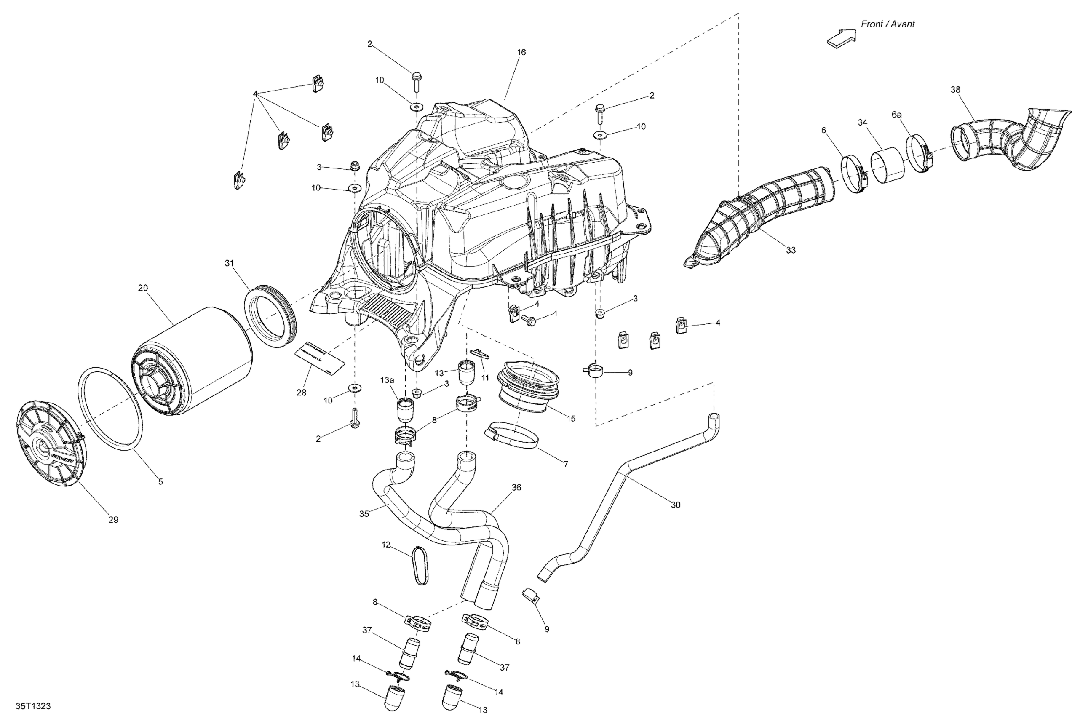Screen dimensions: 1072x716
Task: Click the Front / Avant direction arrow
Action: (x=841, y=37)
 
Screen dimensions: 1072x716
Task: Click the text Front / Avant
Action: (x=887, y=24)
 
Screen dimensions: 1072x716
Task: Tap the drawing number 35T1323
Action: (x=33, y=706)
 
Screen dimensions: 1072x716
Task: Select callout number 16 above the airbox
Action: (x=521, y=52)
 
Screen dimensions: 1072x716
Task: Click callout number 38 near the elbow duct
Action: (x=955, y=89)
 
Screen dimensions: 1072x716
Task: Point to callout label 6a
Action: (x=897, y=115)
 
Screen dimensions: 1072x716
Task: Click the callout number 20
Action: (x=143, y=288)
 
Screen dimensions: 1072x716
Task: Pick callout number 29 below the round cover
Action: (x=113, y=519)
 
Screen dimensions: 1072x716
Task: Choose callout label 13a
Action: (x=387, y=380)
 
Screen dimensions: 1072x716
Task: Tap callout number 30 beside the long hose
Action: (x=675, y=505)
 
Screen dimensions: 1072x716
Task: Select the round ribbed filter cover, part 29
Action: (x=50, y=445)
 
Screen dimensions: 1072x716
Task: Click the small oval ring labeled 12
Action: (x=420, y=565)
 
